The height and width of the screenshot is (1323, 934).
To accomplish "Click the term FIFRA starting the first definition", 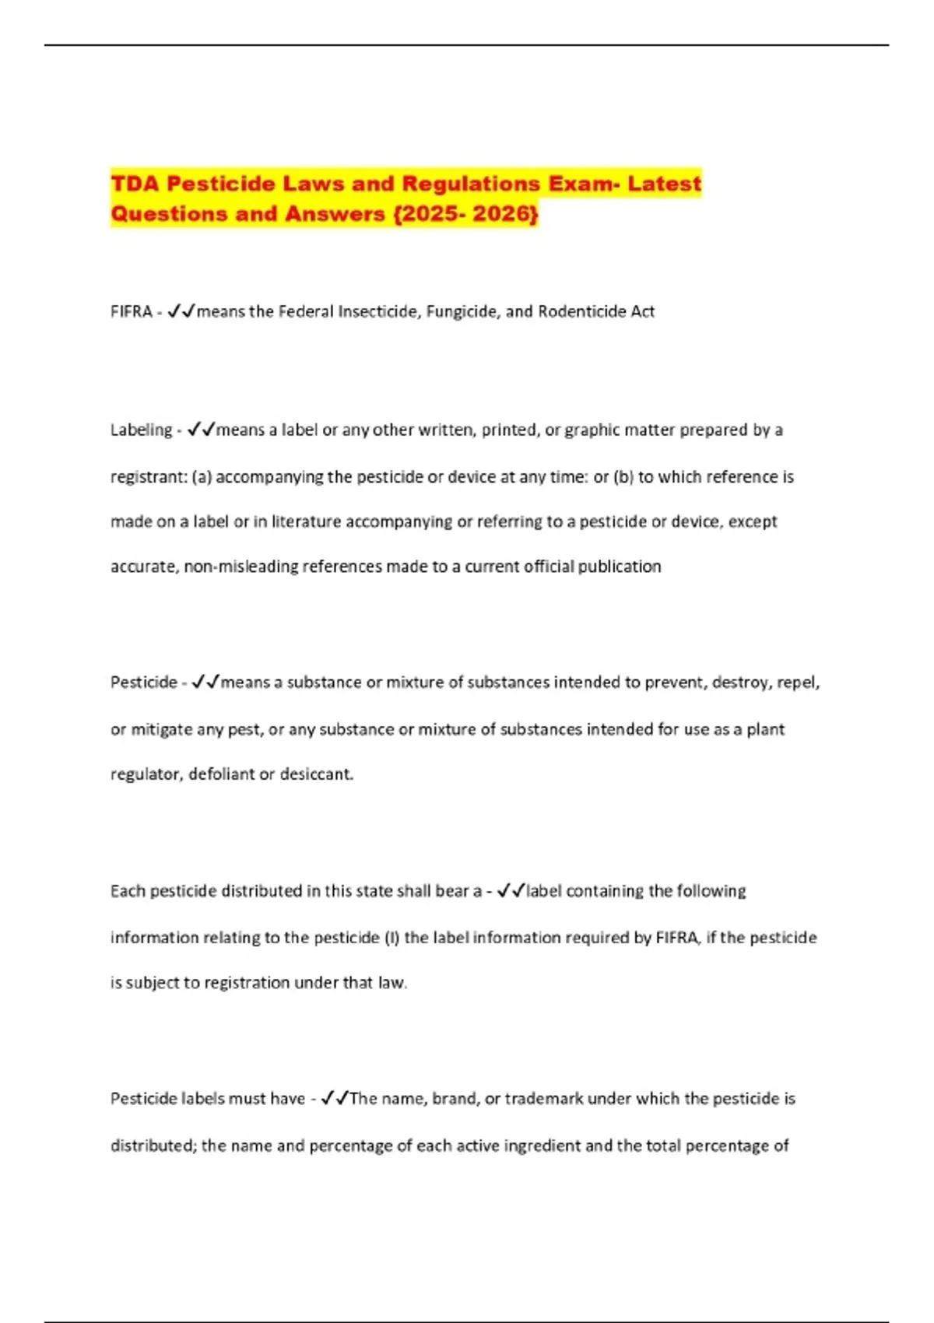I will click(131, 312).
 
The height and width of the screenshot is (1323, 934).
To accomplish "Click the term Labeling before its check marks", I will click(141, 430).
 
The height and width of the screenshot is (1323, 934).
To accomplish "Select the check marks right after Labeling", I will click(201, 430).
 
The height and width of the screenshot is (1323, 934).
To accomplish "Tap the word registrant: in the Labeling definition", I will click(149, 477).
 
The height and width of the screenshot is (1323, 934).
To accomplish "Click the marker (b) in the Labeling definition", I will click(623, 477).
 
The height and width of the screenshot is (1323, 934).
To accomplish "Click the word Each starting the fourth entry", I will click(127, 891).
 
